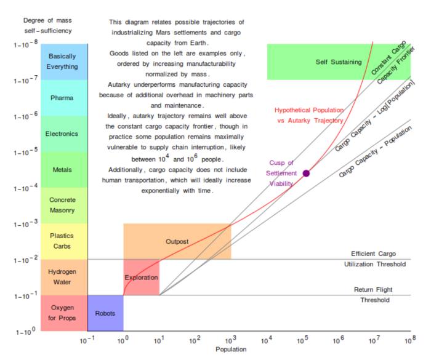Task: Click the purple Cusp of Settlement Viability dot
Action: [306, 173]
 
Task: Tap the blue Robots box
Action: [105, 313]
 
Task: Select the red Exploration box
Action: [142, 278]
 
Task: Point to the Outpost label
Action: [177, 242]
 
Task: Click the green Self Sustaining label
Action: [330, 62]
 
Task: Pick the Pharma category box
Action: [62, 98]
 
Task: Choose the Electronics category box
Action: [62, 134]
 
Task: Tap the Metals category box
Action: [62, 170]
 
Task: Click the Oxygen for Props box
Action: [62, 313]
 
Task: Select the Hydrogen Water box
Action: [62, 278]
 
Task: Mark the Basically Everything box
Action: [62, 62]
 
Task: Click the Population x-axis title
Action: [231, 350]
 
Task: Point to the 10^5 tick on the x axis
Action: [302, 340]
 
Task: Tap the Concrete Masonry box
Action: [62, 206]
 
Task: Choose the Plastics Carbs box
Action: [62, 241]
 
